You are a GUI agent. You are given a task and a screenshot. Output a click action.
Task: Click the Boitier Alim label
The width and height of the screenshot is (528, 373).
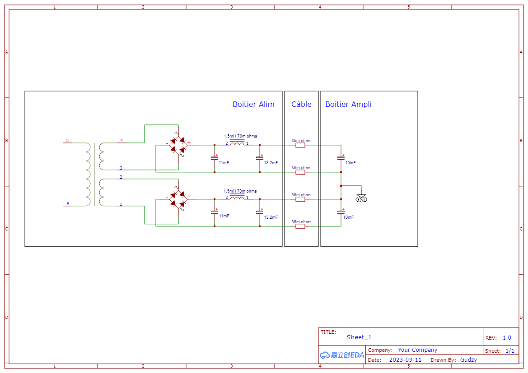[x=253, y=104]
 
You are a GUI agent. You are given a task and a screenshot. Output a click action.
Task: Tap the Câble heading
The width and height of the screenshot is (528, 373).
[x=301, y=104]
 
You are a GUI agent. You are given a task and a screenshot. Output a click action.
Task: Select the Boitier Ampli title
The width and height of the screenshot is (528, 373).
[x=348, y=104]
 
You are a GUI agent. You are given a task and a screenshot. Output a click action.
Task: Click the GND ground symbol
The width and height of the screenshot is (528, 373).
[x=361, y=198]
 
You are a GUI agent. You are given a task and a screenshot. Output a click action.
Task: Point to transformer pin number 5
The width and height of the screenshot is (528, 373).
[x=67, y=141]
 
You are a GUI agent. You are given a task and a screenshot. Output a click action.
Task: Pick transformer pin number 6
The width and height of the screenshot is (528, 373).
[x=68, y=203]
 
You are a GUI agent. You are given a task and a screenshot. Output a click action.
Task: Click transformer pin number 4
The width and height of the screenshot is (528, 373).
[x=121, y=141]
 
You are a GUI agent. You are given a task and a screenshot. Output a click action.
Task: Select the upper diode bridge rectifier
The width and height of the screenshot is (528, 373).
[x=178, y=145]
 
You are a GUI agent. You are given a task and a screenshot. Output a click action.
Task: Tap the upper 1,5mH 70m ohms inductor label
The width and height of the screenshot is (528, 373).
[x=240, y=136]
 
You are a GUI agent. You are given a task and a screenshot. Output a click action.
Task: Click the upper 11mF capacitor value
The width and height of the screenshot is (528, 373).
[x=224, y=163]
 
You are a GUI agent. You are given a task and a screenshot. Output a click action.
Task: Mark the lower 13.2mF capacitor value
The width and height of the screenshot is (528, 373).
[x=271, y=217]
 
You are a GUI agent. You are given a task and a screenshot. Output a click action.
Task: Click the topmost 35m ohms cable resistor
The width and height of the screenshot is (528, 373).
[x=300, y=145]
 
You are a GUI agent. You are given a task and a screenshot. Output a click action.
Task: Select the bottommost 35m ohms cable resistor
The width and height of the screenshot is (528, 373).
[x=300, y=226]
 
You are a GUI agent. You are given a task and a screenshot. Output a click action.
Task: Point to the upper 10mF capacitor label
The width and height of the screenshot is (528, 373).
[x=350, y=163]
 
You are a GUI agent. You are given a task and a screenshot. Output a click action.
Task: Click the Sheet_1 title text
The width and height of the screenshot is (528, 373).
[x=359, y=337]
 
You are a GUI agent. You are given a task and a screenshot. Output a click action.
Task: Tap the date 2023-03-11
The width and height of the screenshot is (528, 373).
[x=405, y=360]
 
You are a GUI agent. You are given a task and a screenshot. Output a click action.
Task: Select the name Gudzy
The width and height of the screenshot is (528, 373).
[x=468, y=360]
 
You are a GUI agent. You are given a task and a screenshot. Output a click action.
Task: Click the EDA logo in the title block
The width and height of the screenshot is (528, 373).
[x=342, y=355]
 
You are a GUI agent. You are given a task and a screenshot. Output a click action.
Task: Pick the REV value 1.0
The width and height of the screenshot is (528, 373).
[x=507, y=338]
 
